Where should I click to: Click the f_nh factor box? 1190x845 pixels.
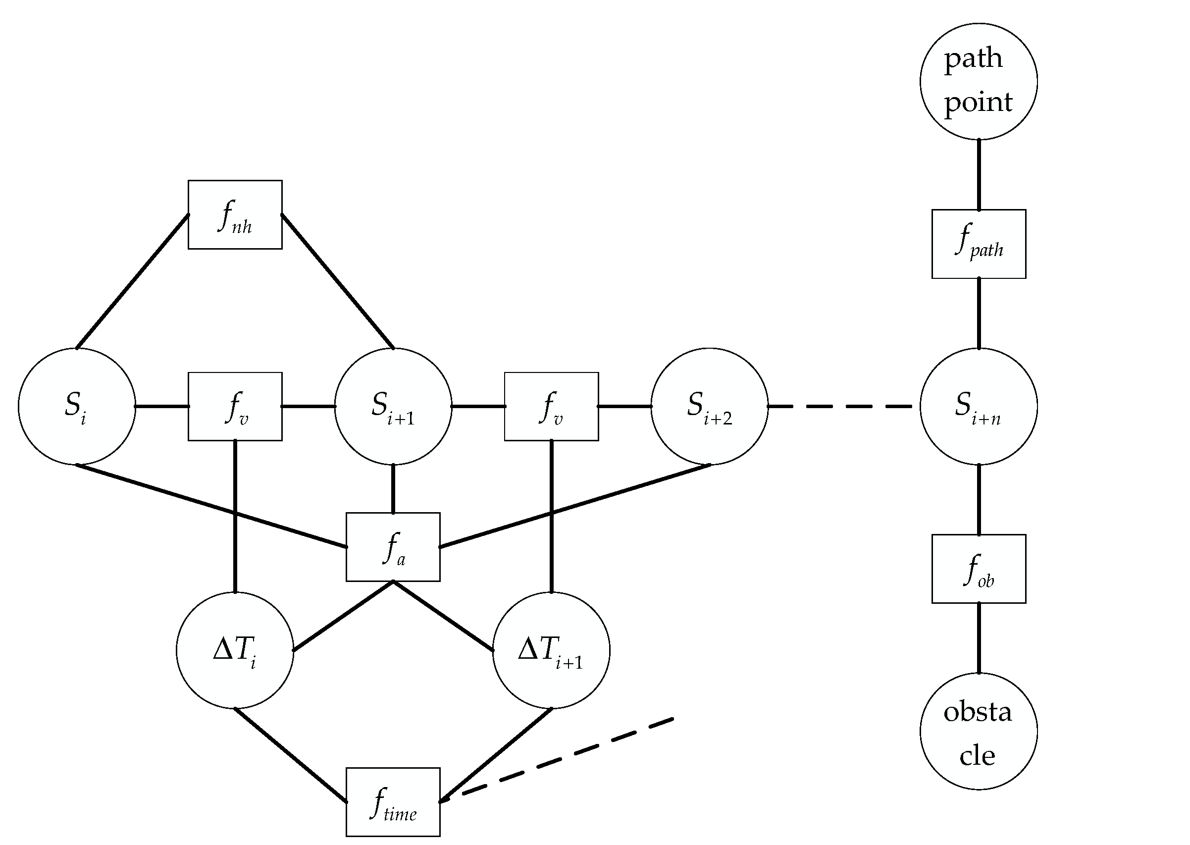(235, 215)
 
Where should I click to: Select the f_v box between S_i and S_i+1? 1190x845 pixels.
(235, 406)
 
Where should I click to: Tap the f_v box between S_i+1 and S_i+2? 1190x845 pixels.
(551, 406)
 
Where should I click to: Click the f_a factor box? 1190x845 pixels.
(393, 547)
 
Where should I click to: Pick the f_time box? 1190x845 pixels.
(393, 802)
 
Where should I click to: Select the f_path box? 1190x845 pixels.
(979, 244)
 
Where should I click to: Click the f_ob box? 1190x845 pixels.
(979, 569)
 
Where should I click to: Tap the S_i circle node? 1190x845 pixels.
(77, 406)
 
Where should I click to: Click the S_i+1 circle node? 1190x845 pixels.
(393, 406)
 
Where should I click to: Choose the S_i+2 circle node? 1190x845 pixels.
(710, 406)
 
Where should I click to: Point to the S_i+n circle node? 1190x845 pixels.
(979, 406)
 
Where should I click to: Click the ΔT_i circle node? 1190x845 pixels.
(235, 650)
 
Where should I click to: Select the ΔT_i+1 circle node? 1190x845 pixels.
(551, 650)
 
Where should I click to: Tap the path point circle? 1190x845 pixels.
(979, 81)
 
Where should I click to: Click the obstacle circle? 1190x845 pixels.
(979, 732)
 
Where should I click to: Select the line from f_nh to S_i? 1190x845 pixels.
(133, 281)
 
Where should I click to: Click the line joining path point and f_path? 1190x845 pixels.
(979, 174)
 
